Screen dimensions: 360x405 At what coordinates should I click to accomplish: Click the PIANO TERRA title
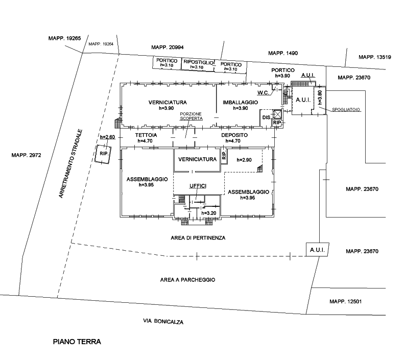77,342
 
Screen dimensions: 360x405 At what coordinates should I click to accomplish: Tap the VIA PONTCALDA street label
163,322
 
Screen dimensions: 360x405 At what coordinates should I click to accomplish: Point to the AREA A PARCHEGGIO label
187,280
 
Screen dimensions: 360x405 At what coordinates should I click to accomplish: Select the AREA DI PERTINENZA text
198,238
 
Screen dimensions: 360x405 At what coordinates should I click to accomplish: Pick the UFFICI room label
197,187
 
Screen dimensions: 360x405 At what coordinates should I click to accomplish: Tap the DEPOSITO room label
234,135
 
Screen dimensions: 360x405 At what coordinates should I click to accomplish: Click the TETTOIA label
145,135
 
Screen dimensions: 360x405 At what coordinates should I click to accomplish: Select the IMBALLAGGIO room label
240,103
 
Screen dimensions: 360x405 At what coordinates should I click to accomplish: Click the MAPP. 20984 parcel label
168,47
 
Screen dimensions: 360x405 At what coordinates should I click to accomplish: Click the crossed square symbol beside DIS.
278,114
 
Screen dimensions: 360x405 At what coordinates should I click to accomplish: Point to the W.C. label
263,92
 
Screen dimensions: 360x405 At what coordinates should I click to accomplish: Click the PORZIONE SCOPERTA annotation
192,115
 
